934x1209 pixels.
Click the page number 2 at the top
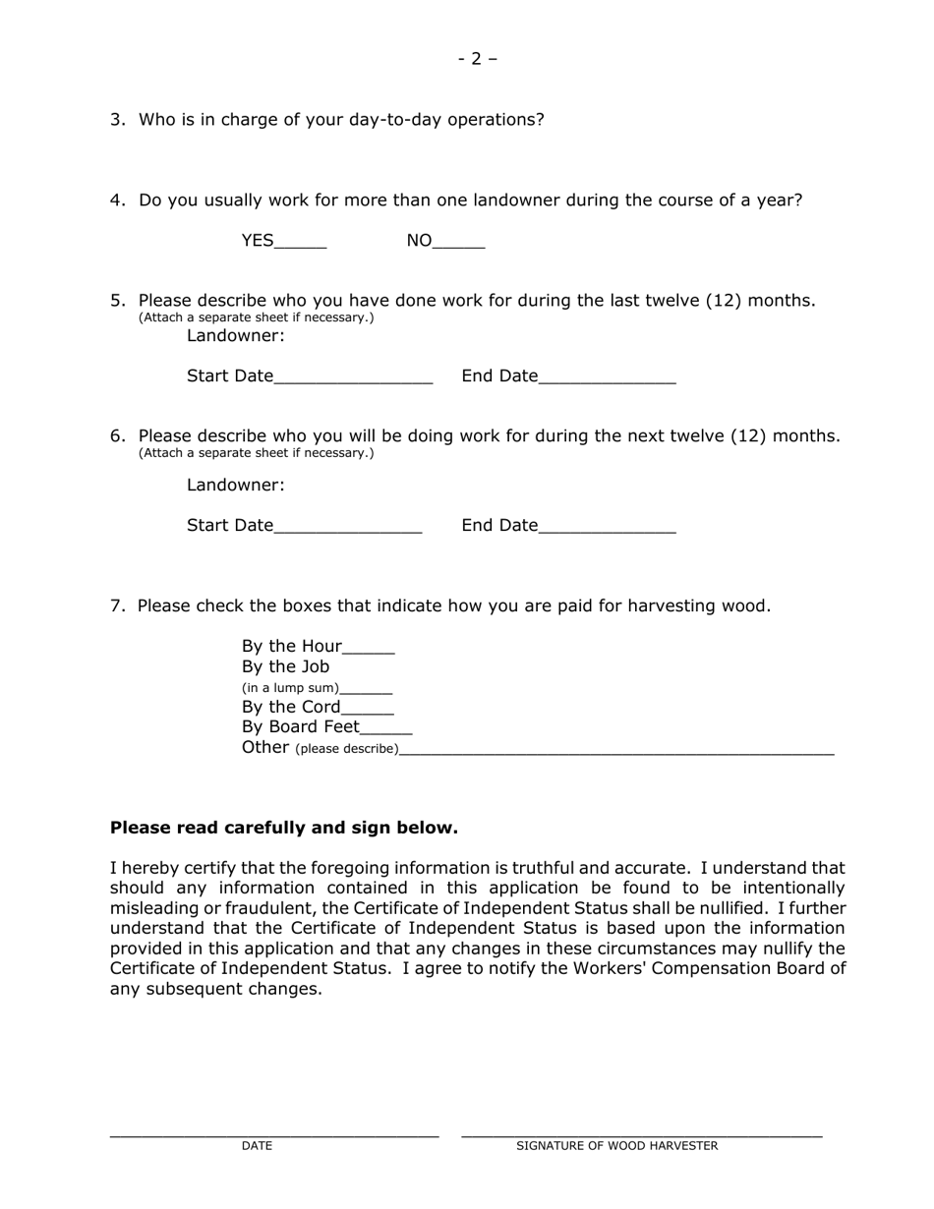coord(477,59)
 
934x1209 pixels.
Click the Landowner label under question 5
coord(236,336)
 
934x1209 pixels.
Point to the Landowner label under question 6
coord(236,486)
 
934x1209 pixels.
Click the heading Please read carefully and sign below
coord(284,829)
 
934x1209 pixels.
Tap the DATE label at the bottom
coord(257,1146)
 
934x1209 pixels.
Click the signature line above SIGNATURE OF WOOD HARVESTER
coord(641,1134)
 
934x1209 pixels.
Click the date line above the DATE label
coord(274,1134)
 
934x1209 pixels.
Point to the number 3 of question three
coord(117,120)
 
